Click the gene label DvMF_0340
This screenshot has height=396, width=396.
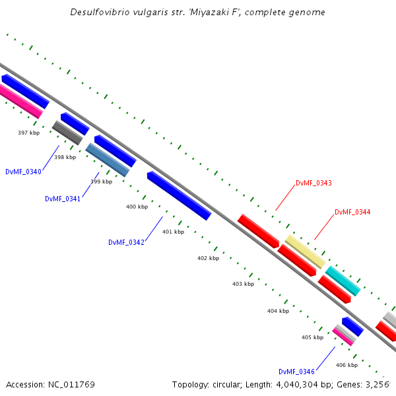click(23, 172)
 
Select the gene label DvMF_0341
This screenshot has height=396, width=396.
click(63, 199)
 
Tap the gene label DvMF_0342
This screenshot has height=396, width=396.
click(126, 242)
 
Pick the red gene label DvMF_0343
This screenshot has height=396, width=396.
click(313, 183)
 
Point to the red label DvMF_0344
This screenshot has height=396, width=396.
click(352, 212)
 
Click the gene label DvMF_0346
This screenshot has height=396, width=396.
click(296, 372)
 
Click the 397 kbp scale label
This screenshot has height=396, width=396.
click(28, 133)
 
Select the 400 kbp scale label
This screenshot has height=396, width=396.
click(137, 207)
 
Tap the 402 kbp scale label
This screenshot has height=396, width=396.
click(208, 258)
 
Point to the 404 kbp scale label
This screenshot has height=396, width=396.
click(278, 310)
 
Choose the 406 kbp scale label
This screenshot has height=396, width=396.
click(346, 365)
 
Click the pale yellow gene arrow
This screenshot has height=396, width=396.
click(305, 251)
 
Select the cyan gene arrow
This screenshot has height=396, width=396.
click(343, 280)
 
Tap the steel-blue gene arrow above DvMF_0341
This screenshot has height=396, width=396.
click(108, 160)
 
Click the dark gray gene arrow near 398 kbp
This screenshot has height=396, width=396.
click(67, 133)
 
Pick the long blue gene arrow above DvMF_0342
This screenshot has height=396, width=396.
click(179, 195)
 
